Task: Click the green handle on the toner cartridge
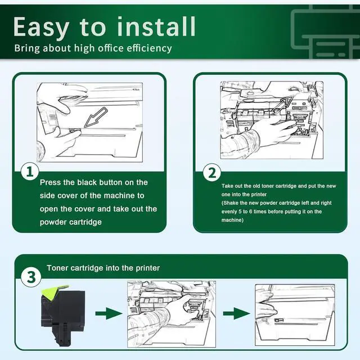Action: (53, 290)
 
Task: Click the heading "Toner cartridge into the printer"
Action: (103, 268)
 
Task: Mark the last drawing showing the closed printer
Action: (294, 314)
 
